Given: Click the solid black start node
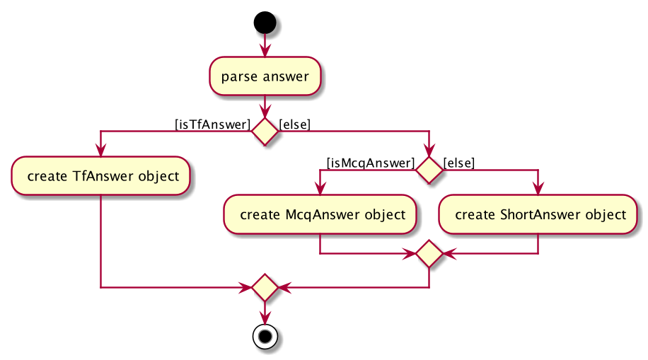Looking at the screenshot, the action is [x=265, y=23].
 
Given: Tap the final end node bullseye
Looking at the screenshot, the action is [x=265, y=337].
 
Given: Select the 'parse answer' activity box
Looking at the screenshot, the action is [x=265, y=76].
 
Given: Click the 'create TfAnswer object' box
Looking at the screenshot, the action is [x=100, y=176].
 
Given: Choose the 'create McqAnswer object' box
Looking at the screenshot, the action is [x=320, y=214].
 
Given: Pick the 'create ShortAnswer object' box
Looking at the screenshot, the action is [x=538, y=214].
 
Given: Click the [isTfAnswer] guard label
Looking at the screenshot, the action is [x=213, y=124].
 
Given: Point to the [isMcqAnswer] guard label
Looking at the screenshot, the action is [x=371, y=163].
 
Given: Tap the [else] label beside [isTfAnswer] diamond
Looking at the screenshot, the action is [x=295, y=124].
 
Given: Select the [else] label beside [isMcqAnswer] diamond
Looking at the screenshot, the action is [x=459, y=163].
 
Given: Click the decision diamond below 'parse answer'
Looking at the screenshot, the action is [x=265, y=132].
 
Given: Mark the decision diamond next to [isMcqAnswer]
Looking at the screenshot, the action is [x=429, y=170].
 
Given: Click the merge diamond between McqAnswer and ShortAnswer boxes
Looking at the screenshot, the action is [x=429, y=253].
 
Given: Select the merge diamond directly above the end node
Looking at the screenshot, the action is [x=265, y=287].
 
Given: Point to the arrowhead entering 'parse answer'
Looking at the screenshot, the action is [x=265, y=51].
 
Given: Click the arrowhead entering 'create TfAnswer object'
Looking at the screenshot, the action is [x=100, y=151].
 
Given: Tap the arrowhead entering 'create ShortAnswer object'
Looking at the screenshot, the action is [x=538, y=189].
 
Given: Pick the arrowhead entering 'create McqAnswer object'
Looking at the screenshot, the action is [x=320, y=189].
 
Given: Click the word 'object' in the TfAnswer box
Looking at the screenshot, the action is [x=158, y=177].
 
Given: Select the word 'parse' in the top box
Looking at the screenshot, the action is [x=239, y=77].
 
